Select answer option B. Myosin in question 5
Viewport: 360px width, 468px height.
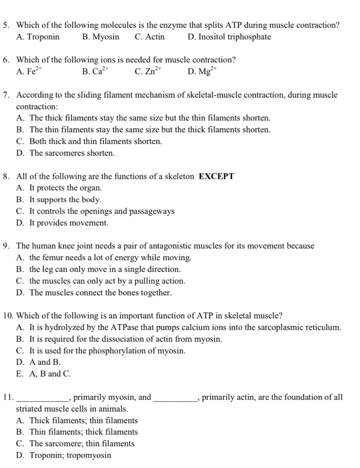point(101,37)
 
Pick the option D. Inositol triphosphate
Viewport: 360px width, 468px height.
point(229,37)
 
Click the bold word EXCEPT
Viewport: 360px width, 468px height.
point(217,176)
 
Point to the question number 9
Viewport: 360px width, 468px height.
point(6,246)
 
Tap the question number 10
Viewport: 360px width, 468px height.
point(8,316)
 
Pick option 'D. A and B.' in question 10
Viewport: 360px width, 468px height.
point(39,363)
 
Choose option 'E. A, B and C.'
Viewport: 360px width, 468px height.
point(44,374)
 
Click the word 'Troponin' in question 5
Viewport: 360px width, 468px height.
point(44,37)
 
